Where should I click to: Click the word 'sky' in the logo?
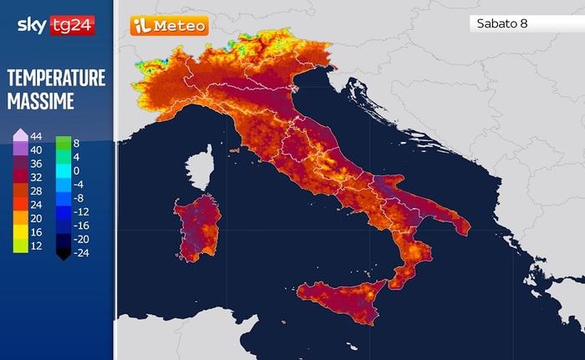32,26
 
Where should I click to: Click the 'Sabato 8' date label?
500,23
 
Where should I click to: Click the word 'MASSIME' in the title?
41,101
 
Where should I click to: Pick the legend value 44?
36,136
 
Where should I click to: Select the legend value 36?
36,164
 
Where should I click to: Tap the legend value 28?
36,191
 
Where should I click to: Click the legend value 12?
36,246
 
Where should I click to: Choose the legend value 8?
76,143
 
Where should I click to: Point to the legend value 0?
76,170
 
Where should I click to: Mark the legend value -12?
79,211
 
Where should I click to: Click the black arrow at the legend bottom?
61,254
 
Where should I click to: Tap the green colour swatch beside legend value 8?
61,143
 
